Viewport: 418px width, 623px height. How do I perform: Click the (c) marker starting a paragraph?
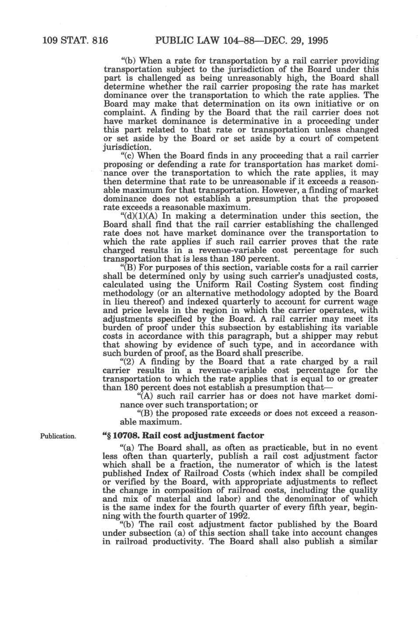tap(128, 156)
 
